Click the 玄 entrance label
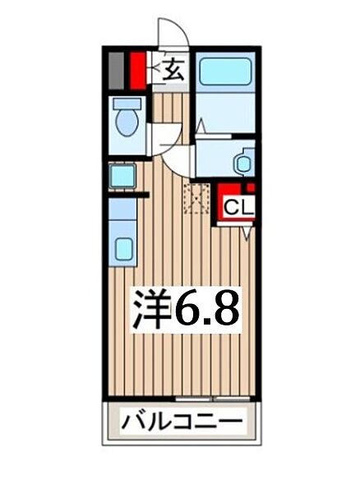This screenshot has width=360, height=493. click(173, 71)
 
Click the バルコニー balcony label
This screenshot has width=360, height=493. click(182, 423)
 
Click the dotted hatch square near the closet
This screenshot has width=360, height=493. click(197, 197)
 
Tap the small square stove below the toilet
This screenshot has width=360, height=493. click(123, 175)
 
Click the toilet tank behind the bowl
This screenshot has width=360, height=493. click(126, 105)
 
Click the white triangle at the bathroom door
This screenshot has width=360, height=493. click(200, 126)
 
